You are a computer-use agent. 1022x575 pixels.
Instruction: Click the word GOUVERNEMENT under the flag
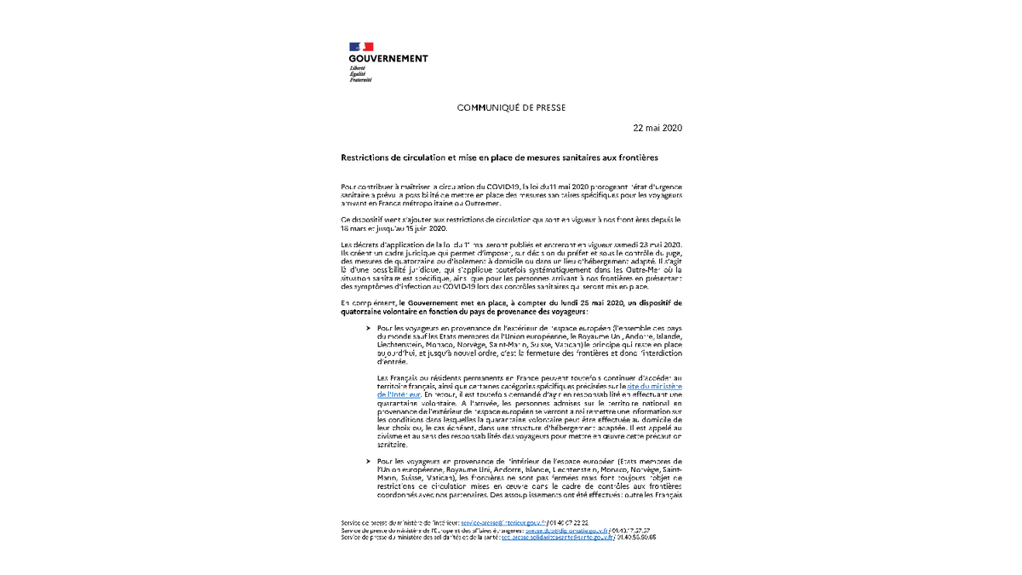(x=388, y=59)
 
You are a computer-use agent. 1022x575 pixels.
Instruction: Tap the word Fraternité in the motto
(x=360, y=80)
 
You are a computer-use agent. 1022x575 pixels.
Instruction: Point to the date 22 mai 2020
(x=657, y=128)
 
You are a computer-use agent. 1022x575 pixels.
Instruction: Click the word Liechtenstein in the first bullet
(x=404, y=345)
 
